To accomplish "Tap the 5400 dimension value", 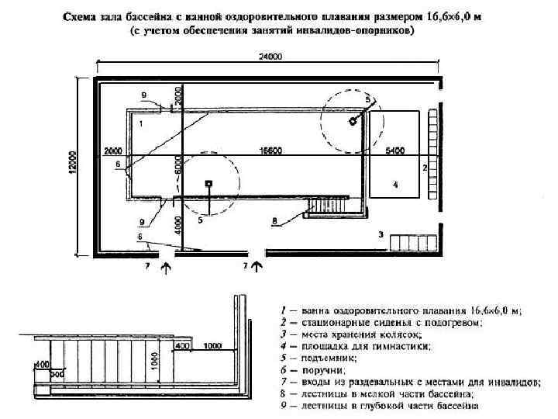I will coord(395,150).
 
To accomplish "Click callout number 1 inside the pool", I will coord(141,123).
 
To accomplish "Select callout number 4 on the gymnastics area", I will coord(395,185).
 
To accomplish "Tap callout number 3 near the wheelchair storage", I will coord(381,233).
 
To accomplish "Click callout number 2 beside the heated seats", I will coord(425,167).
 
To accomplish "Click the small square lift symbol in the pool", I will coord(208,183).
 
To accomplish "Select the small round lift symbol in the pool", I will coord(353,120).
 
